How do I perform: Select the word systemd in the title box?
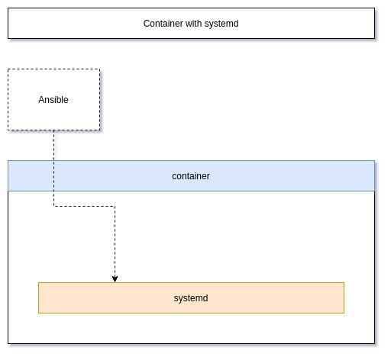pos(221,24)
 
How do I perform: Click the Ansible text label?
pos(53,100)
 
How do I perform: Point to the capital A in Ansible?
pos(41,100)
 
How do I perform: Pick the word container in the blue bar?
pos(191,176)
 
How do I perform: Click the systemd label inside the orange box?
pos(191,298)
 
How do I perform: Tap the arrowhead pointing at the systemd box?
pos(115,279)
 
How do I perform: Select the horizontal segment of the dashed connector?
pos(84,206)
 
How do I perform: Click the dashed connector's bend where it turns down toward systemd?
pos(115,206)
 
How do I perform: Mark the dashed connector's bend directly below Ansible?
pos(53,206)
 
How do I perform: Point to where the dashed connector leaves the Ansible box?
pos(53,130)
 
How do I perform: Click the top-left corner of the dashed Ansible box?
pos(8,69)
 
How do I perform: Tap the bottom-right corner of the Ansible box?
pos(100,130)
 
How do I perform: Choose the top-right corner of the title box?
pos(375,8)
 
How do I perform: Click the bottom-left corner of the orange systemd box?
pos(38,313)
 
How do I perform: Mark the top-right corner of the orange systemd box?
pos(344,282)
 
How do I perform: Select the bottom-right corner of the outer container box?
pos(375,343)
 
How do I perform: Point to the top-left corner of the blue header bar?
pos(8,161)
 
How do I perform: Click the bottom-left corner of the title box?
pos(8,39)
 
